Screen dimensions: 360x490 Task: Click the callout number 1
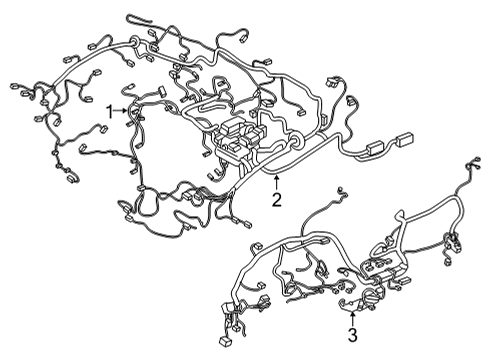click(111, 112)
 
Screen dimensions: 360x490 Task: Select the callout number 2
click(276, 199)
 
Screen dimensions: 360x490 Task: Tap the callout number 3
click(352, 334)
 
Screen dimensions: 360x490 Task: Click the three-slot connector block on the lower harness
click(385, 269)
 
